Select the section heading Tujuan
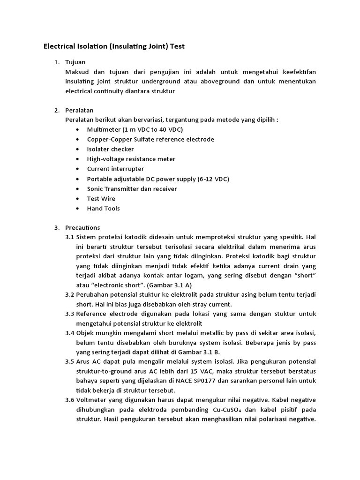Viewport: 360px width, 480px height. coord(75,62)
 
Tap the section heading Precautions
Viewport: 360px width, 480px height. coord(82,227)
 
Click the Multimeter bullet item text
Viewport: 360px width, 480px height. coord(135,129)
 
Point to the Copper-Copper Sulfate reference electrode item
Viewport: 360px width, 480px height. coord(150,139)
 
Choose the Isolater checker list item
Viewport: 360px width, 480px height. coord(110,149)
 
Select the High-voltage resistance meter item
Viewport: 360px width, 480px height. coord(131,159)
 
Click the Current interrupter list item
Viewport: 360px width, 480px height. coord(115,169)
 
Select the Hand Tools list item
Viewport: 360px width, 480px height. coord(103,208)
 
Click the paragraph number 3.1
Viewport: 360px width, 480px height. coord(70,237)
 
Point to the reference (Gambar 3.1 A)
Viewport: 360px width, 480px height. coord(165,285)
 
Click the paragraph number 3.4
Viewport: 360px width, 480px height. coord(70,333)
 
